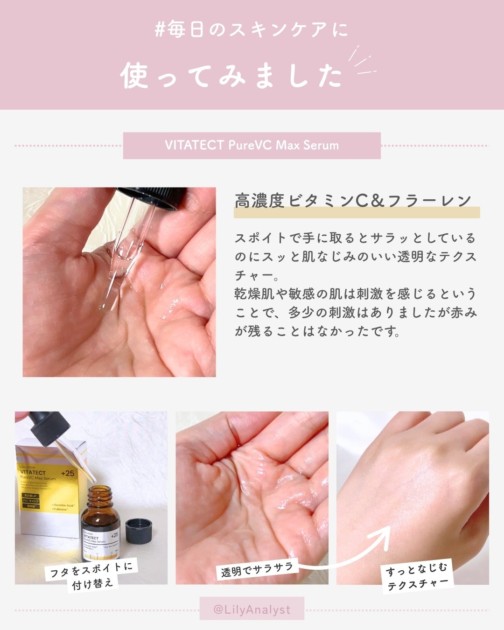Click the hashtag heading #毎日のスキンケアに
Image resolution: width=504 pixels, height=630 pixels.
(x=252, y=30)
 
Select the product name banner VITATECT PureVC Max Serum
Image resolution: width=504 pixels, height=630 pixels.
(x=252, y=145)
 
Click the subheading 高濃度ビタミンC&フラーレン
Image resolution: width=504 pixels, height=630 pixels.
(x=353, y=201)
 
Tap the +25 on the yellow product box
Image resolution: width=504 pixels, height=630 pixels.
(x=67, y=473)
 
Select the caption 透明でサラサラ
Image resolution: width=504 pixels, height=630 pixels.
(x=257, y=569)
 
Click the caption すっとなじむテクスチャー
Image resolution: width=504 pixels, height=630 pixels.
(x=417, y=576)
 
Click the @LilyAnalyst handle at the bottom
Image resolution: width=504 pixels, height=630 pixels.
(x=252, y=609)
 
